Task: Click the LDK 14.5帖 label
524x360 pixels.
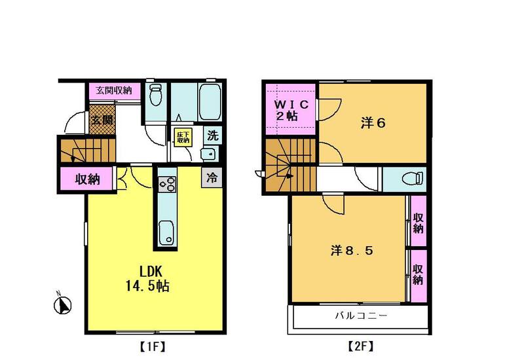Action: (x=147, y=279)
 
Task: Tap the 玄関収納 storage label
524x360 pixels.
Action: (x=114, y=90)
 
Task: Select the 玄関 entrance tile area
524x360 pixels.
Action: (x=103, y=119)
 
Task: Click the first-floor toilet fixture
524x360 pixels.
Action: (x=155, y=94)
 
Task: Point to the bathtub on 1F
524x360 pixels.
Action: (x=210, y=101)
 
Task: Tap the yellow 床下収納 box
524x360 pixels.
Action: (x=183, y=138)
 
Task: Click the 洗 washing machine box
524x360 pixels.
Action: (x=212, y=135)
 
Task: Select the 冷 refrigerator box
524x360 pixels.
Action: (x=212, y=177)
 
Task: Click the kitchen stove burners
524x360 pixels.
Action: (x=167, y=184)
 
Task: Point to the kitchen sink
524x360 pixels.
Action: (x=166, y=232)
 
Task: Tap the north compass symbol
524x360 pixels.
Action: (x=62, y=304)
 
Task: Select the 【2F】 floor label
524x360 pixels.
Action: (x=361, y=347)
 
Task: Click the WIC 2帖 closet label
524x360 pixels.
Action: (x=290, y=110)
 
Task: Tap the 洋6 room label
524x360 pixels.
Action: (x=373, y=123)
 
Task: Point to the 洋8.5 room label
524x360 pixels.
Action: (x=352, y=250)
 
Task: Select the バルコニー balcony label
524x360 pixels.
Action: (x=362, y=315)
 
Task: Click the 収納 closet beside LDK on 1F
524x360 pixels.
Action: (x=88, y=179)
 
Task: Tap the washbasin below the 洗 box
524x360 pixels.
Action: (x=209, y=154)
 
